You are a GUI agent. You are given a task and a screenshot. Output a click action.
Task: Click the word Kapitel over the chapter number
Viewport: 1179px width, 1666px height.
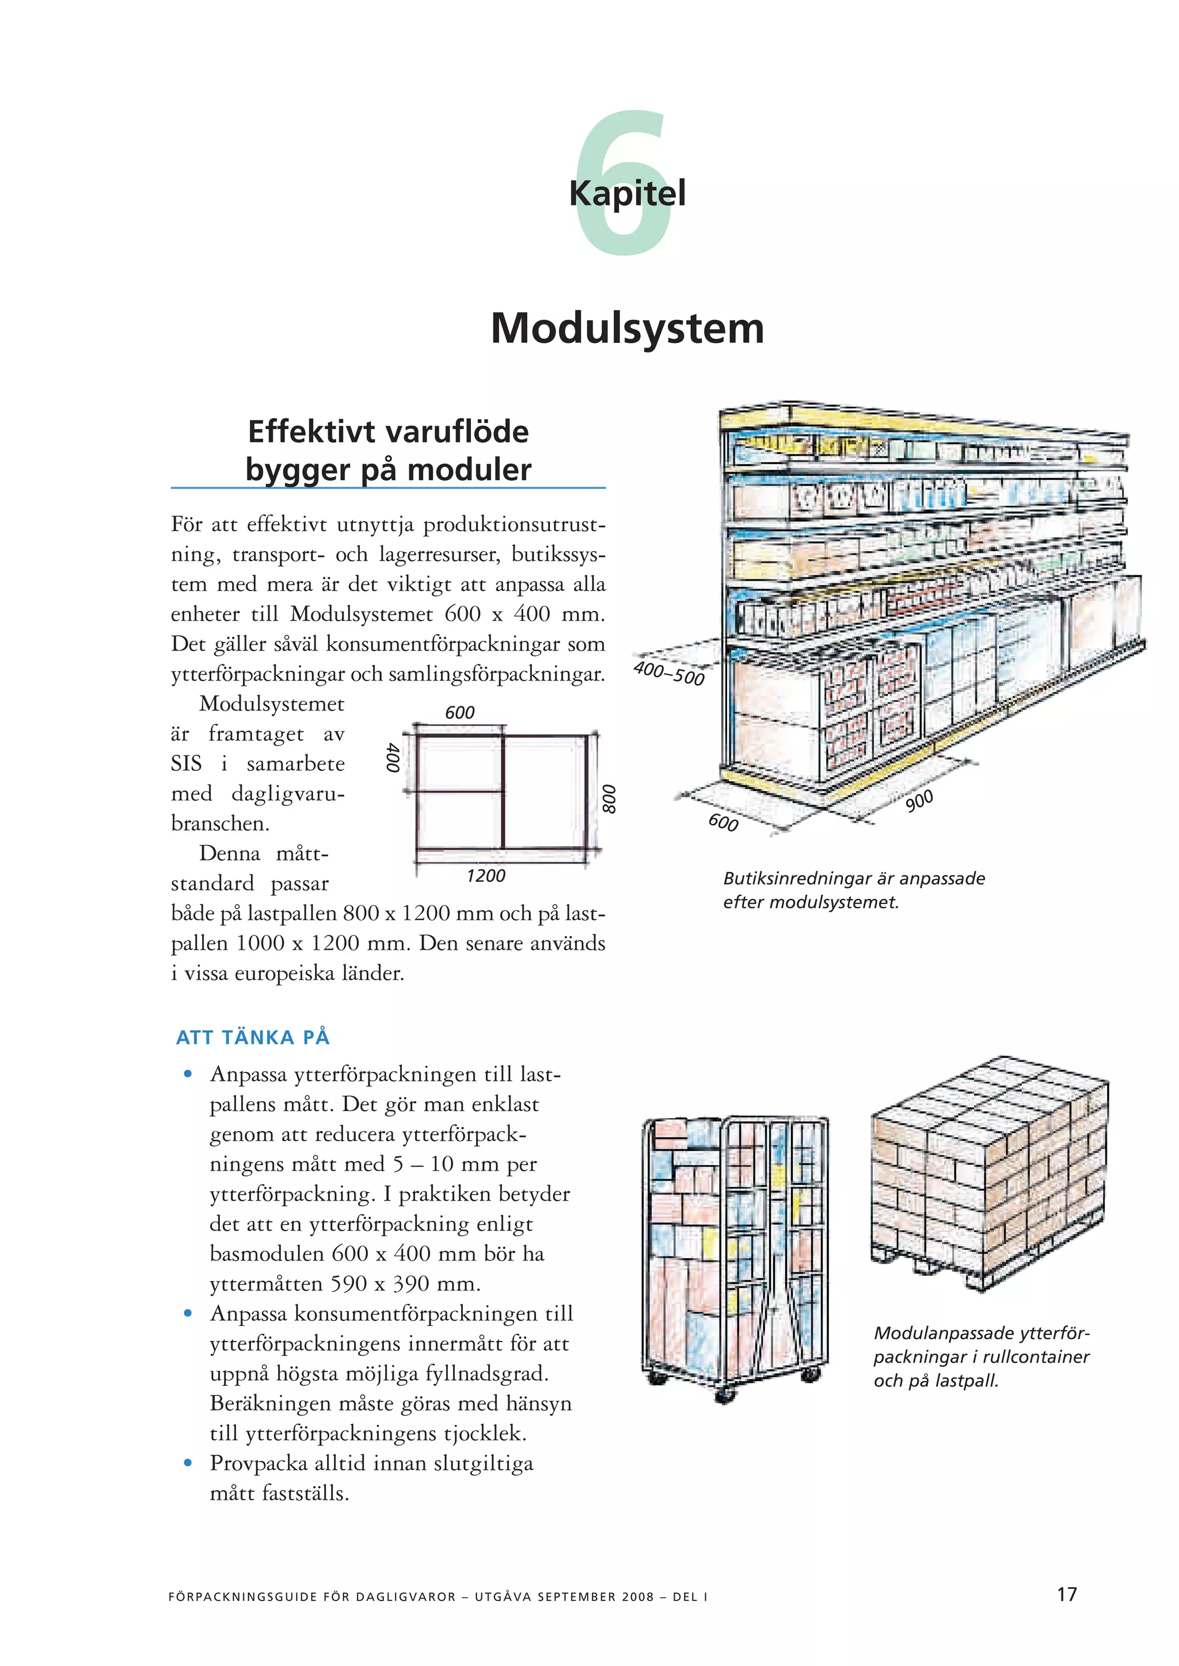click(x=627, y=194)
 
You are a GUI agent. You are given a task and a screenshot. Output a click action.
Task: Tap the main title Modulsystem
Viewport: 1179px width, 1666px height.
click(x=627, y=328)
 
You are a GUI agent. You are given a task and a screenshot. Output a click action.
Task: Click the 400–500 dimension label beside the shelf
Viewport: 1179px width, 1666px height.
click(x=668, y=672)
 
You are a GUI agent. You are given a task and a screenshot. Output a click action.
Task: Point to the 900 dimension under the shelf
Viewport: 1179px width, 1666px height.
click(x=919, y=800)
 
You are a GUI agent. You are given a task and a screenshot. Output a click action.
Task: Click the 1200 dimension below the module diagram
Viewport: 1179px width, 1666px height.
click(x=486, y=876)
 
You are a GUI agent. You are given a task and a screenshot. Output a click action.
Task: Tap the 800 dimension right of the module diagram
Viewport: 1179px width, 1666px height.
click(x=609, y=799)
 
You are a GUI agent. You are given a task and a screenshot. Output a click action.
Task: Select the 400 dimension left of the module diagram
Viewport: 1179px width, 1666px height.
click(x=393, y=758)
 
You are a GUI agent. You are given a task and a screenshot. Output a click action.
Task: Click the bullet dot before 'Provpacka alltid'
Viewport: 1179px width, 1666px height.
click(x=188, y=1463)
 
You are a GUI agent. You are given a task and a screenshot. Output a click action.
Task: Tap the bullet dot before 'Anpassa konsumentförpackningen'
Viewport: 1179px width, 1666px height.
click(x=188, y=1313)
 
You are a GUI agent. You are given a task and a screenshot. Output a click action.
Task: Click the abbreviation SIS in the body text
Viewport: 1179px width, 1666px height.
click(x=186, y=763)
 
